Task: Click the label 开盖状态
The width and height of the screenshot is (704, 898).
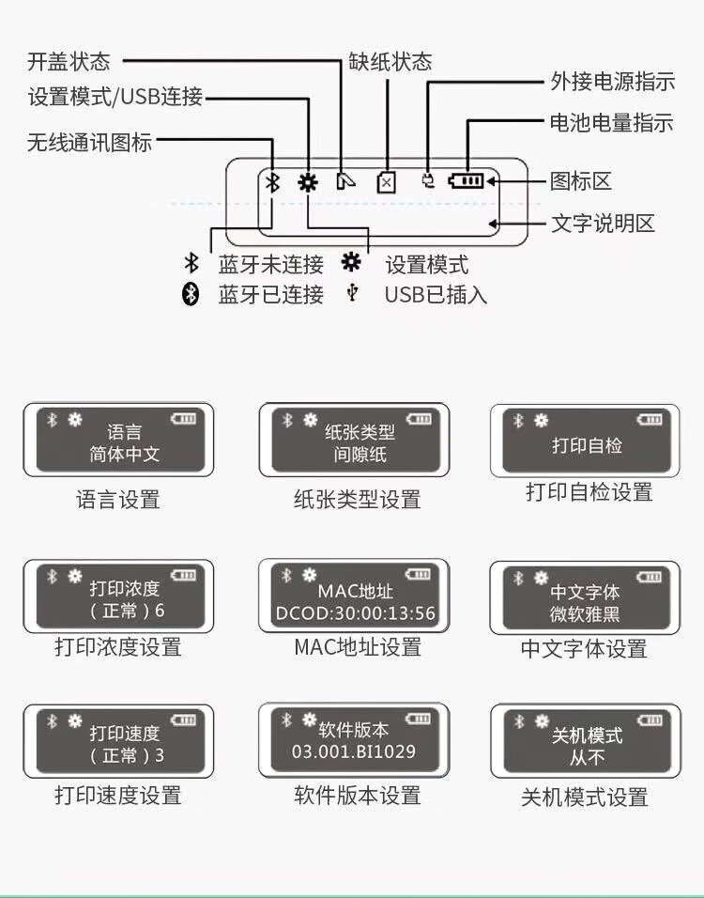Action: point(69,61)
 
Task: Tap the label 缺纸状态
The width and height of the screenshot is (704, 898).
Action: point(390,61)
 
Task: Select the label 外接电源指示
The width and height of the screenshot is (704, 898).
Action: point(613,82)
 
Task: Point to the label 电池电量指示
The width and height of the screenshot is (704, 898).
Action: point(611,122)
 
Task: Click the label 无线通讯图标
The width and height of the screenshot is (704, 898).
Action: point(89,142)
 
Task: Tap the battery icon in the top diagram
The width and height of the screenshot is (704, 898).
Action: point(466,181)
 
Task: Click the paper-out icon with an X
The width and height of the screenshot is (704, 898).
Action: point(387,182)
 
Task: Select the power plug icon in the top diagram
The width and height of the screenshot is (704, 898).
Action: point(427,180)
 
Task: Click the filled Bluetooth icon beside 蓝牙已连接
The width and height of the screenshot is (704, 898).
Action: point(190,294)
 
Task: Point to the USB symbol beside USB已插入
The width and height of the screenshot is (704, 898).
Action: point(353,293)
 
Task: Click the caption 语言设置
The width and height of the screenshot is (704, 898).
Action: point(118,500)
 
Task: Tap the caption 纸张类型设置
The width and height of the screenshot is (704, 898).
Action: point(357,500)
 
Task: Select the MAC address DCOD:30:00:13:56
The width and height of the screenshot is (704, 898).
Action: point(356,613)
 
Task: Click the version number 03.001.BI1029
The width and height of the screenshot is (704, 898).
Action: point(354,751)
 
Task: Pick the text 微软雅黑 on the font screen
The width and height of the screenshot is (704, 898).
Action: point(585,614)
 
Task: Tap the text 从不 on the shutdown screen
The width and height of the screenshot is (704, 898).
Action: point(587,758)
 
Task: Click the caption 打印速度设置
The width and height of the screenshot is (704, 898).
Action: point(118,795)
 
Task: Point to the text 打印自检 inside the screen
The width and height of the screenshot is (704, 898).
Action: point(587,445)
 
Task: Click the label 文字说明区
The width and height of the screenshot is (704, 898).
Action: point(603,224)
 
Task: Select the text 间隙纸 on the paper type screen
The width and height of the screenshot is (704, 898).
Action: point(360,454)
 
